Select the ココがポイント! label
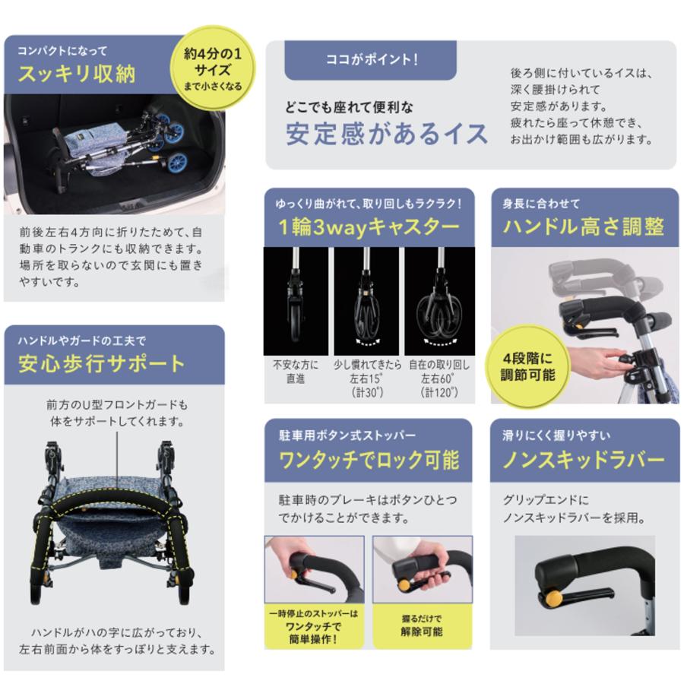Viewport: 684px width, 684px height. click(x=372, y=60)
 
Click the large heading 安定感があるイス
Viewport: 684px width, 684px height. click(x=387, y=134)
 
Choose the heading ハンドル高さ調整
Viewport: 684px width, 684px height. click(x=584, y=226)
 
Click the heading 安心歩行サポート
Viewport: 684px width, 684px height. click(x=101, y=363)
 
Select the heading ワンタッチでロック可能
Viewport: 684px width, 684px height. click(x=369, y=460)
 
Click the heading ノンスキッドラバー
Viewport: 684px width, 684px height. click(x=584, y=460)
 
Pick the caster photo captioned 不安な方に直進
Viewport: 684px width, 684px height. click(x=295, y=300)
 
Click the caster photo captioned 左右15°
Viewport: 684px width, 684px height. click(x=366, y=300)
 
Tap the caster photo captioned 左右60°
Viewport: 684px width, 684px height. click(x=439, y=300)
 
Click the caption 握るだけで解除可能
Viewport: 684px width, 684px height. click(x=422, y=625)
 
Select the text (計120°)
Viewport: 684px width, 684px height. click(x=440, y=393)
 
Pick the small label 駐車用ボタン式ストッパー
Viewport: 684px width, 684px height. click(x=347, y=435)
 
